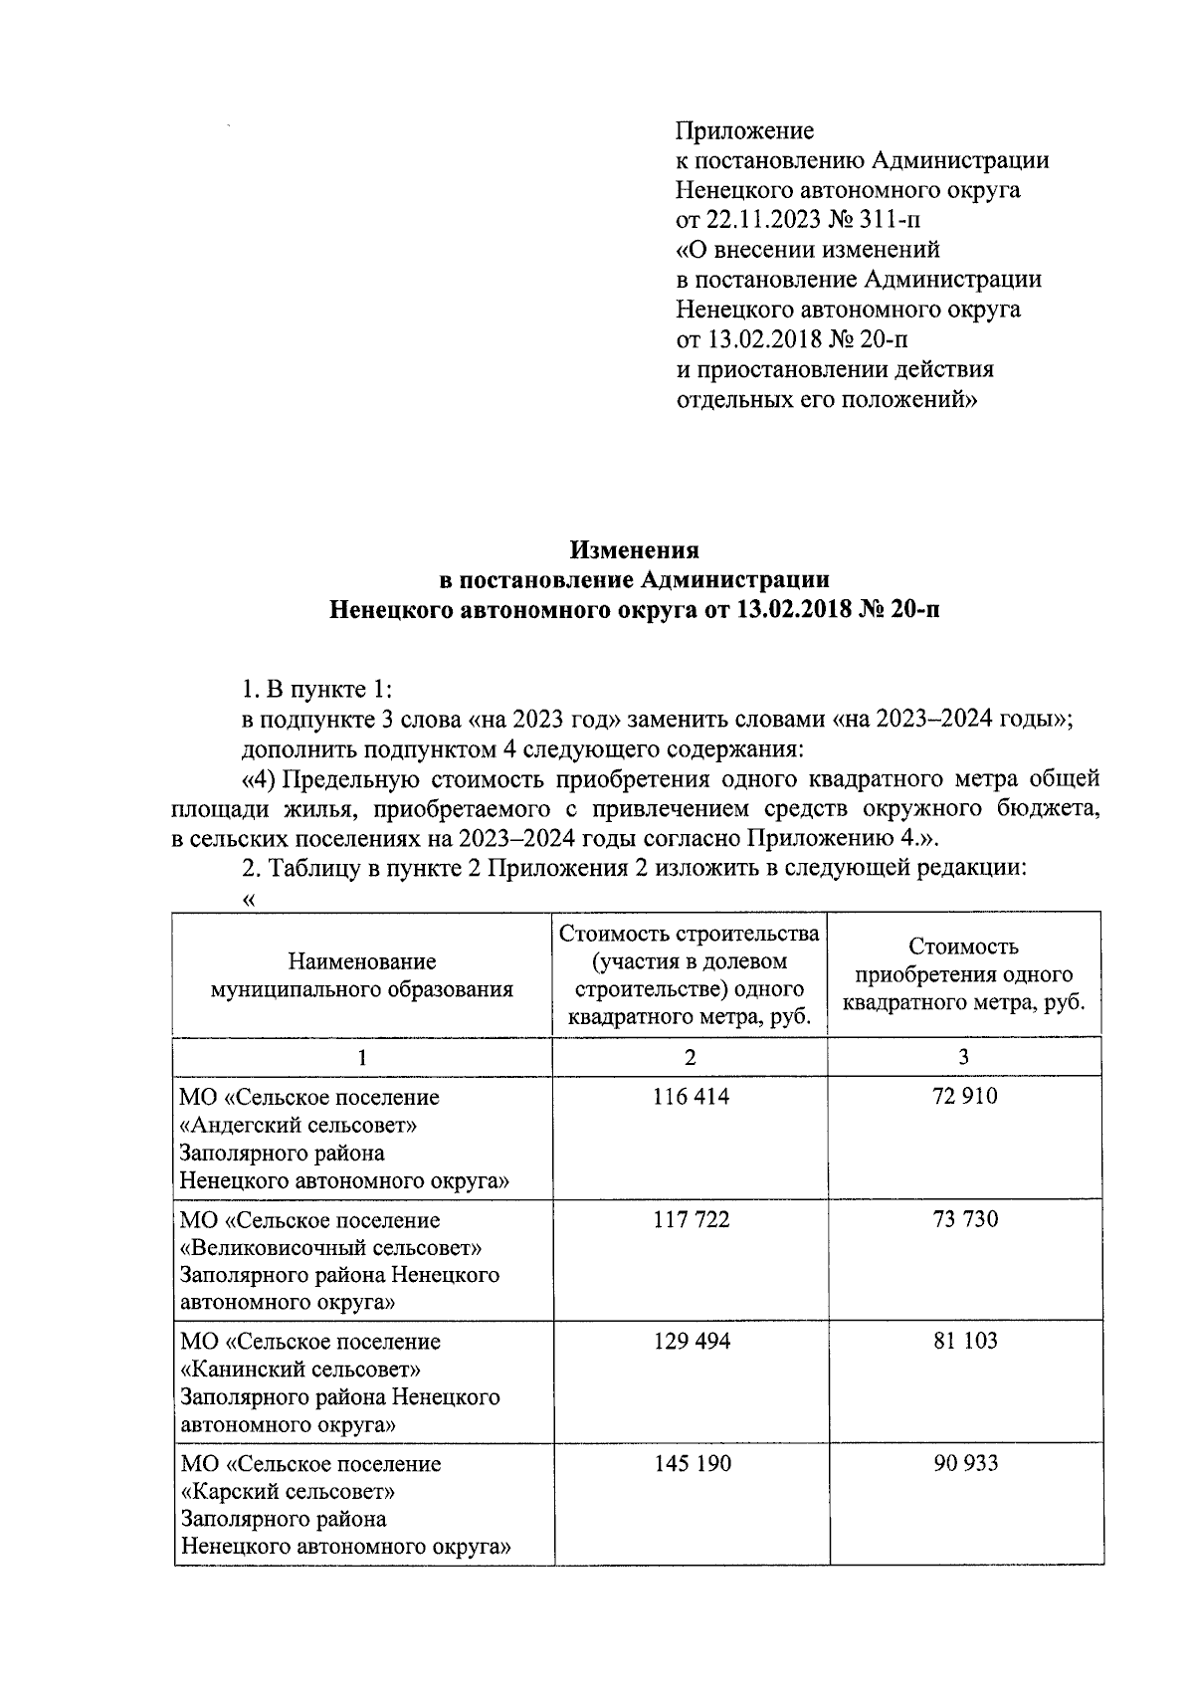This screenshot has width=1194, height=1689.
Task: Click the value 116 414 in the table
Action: coord(691,1097)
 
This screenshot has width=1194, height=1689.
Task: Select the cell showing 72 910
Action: coord(964,1097)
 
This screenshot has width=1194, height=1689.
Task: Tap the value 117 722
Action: coord(691,1219)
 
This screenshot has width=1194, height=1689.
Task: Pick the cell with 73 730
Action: coord(964,1219)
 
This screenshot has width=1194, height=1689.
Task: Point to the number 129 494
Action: coord(691,1341)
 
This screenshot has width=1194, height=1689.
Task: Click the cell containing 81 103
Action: coord(964,1341)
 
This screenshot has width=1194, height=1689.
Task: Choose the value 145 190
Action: coord(691,1463)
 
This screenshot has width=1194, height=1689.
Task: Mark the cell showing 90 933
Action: coord(964,1463)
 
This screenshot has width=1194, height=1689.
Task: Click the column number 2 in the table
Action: coord(691,1057)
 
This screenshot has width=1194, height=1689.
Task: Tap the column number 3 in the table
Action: coord(964,1057)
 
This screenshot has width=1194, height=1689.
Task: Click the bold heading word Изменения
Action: coord(634,550)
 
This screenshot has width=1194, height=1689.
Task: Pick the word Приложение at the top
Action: coord(744,130)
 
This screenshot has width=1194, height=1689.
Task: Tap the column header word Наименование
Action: coord(361,961)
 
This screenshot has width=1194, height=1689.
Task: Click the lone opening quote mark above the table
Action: coord(249,899)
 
